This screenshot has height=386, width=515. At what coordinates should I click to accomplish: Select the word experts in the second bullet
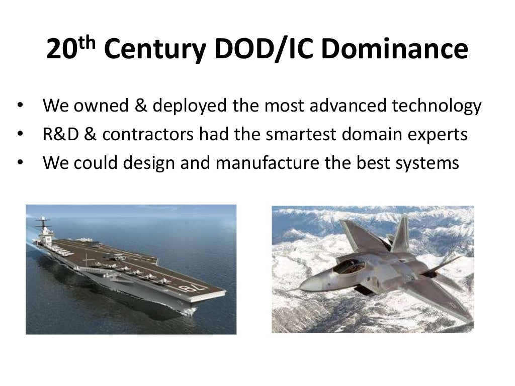point(438,135)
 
